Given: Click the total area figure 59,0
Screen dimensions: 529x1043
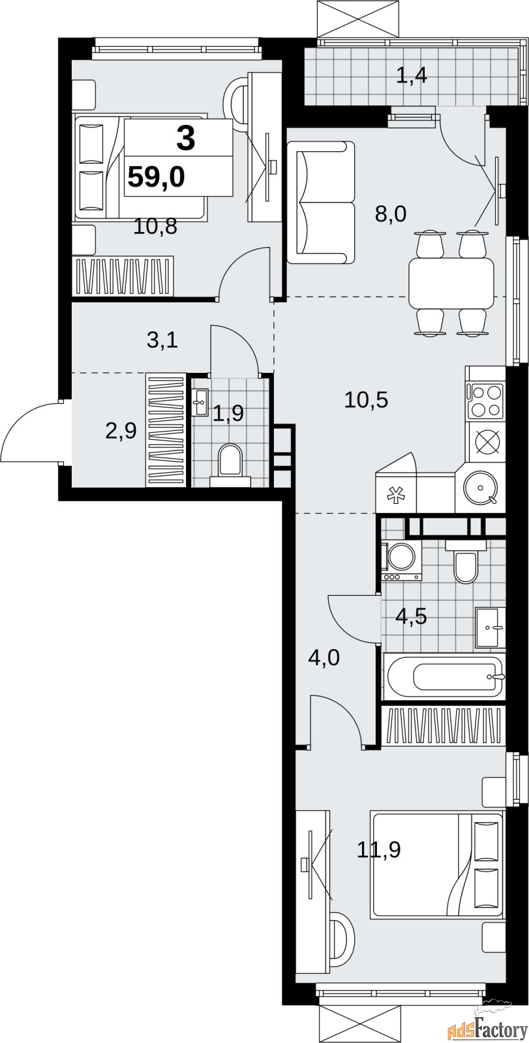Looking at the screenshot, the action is click(156, 177).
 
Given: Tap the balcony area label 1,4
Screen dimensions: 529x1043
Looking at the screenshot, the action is click(412, 75).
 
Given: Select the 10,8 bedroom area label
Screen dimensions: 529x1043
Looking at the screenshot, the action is click(155, 227).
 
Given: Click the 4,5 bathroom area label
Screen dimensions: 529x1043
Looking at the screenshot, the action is click(411, 617).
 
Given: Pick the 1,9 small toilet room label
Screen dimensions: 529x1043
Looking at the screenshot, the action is click(228, 413).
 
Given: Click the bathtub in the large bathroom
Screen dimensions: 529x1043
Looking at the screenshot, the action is click(444, 676).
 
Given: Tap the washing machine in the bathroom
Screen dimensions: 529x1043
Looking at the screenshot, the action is click(401, 561).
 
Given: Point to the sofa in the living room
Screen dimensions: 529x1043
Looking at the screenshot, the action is click(321, 203).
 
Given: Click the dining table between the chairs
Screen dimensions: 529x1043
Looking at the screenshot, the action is click(451, 283).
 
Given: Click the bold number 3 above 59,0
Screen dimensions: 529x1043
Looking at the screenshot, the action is click(185, 138).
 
